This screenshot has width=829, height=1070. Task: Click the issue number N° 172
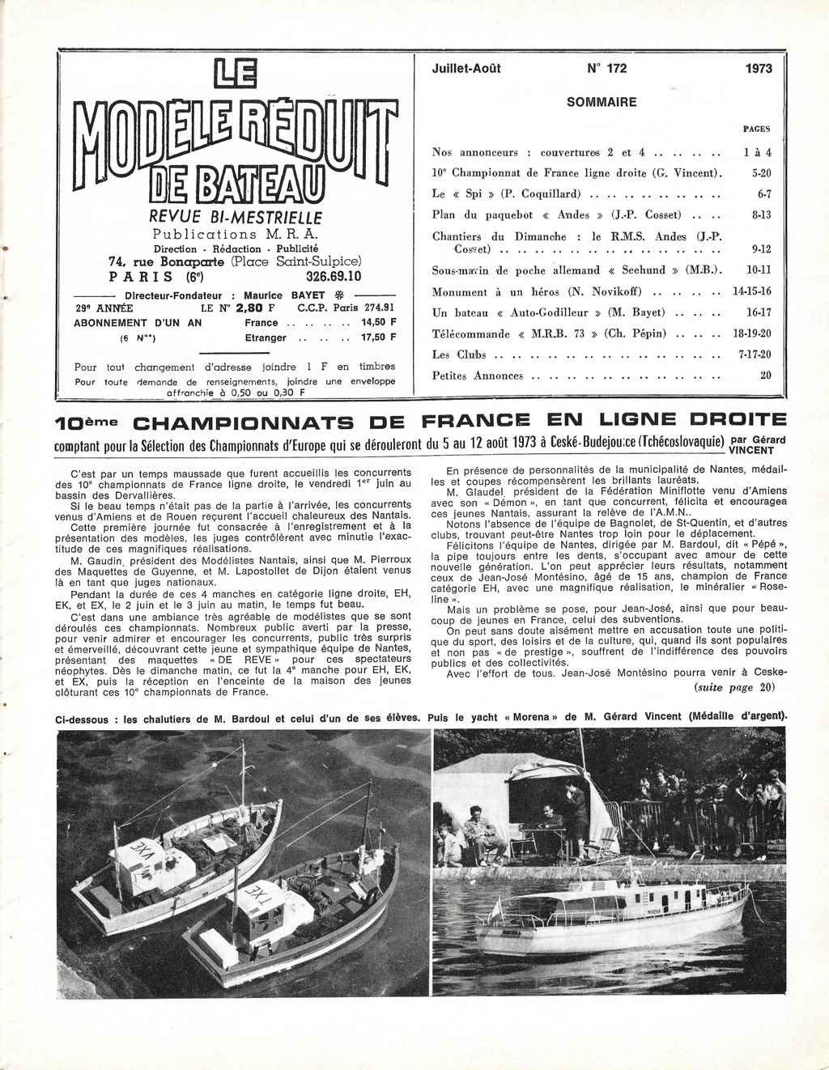coord(606,69)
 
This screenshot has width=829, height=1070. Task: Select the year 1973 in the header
coord(759,69)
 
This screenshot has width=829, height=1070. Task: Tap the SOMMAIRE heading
coord(602,102)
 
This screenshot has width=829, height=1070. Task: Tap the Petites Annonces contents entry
coord(478,376)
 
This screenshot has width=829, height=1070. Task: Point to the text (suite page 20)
coord(733,687)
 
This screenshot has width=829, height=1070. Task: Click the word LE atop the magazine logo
coord(233,79)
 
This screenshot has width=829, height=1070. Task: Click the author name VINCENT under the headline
coord(751,450)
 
